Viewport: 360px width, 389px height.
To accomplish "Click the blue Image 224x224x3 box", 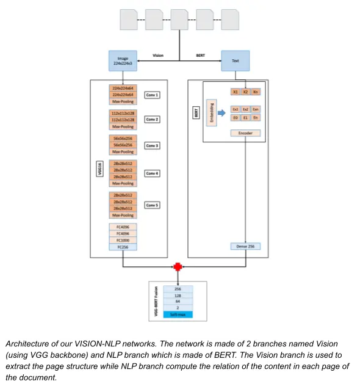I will coord(123,61).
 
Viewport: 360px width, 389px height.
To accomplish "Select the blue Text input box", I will coord(235,61).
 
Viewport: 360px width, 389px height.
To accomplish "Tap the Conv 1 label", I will coord(152,95).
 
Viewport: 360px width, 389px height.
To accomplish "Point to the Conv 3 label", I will coord(152,146).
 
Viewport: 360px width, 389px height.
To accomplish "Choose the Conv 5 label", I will coord(152,205).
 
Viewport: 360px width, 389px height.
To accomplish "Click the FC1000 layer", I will coord(123,240).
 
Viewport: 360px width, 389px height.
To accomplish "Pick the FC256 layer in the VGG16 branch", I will coord(123,247).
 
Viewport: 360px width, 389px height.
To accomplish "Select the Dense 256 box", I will coord(245,247).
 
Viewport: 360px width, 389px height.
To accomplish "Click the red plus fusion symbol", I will coord(178,267).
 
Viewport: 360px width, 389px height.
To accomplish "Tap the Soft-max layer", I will coord(178,314).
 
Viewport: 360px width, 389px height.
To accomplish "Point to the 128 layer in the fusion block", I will coord(178,296).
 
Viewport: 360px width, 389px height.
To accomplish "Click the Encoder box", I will coord(245,133).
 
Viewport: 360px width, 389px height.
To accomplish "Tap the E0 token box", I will coord(236,117).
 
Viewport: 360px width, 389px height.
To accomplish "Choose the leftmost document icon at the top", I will coord(129,20).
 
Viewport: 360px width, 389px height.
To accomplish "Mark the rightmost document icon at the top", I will coord(230,20).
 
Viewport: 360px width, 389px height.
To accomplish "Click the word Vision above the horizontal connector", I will coord(157,56).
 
